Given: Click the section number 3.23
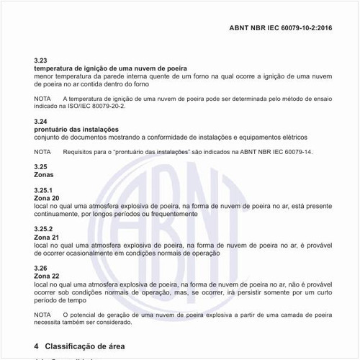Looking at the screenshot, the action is [x=41, y=60].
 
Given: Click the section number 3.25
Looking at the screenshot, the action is [x=41, y=167].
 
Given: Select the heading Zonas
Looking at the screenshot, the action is [x=44, y=175].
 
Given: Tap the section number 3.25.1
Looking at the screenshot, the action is [x=43, y=190].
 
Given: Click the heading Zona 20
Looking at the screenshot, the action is [x=47, y=198].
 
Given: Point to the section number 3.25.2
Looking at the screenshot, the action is [x=43, y=229].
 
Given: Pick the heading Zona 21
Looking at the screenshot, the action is [x=47, y=237].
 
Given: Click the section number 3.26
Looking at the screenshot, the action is [x=41, y=268].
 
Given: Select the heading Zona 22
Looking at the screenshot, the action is [x=47, y=276].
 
